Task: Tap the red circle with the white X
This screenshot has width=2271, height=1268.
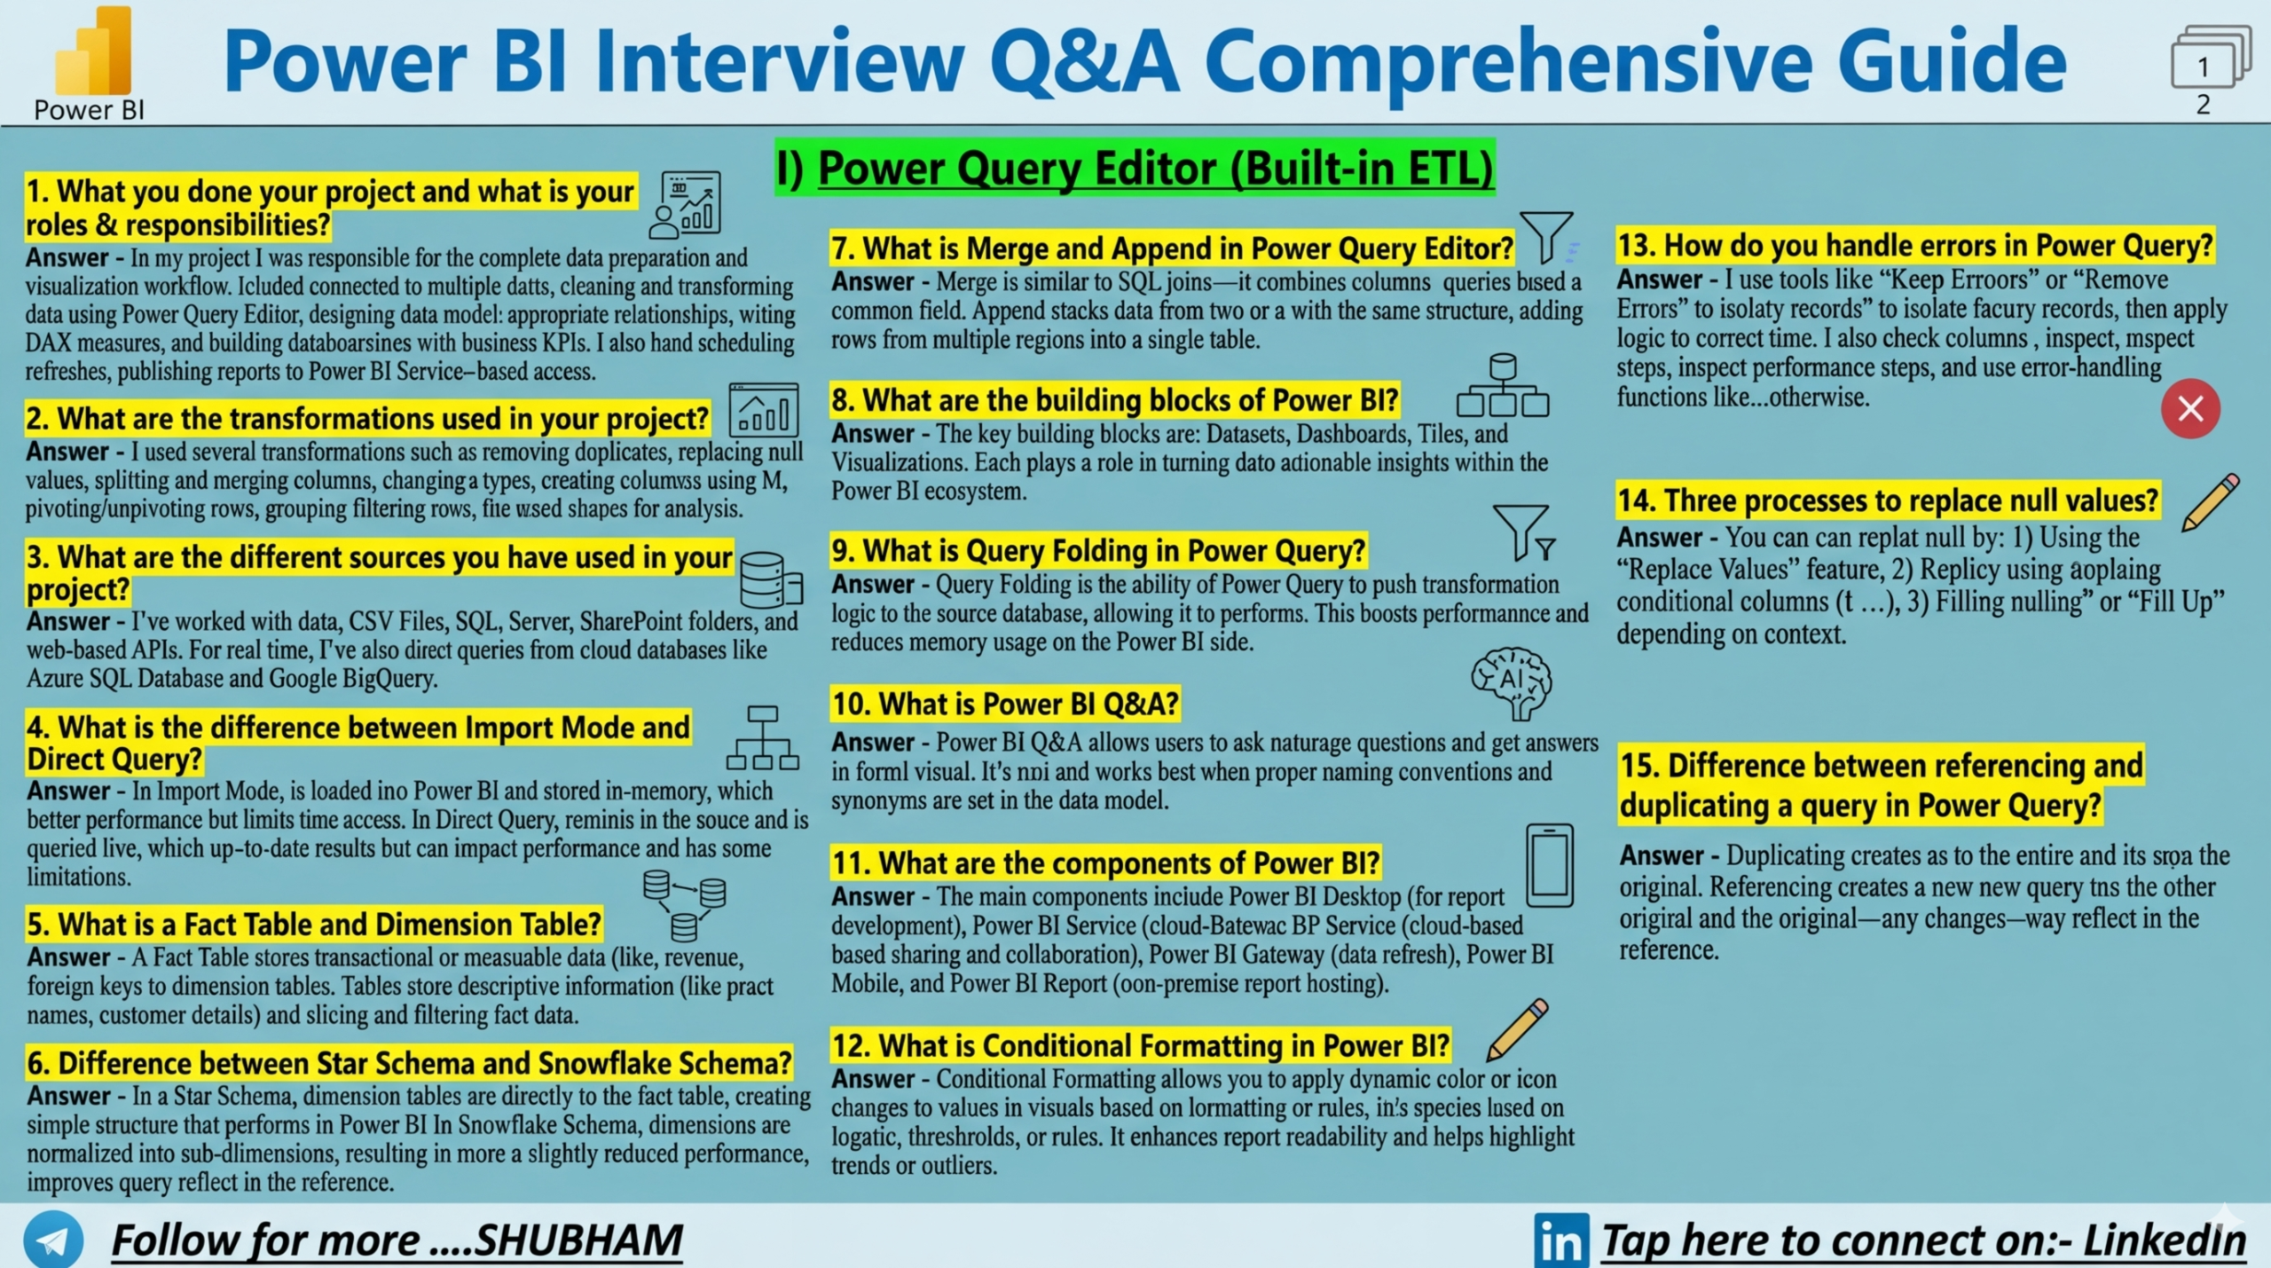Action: [2190, 409]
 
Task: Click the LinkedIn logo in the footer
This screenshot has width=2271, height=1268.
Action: [1560, 1240]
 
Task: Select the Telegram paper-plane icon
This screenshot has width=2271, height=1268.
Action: [53, 1240]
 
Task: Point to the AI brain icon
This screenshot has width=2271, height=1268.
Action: [1512, 681]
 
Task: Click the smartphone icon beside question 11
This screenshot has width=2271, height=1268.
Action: [1550, 865]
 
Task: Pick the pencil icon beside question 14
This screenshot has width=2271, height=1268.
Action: [2210, 502]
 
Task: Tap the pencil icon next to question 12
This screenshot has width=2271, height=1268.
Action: [1518, 1029]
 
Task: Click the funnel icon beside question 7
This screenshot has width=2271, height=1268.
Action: [1547, 236]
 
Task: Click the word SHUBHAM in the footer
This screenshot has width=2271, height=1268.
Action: [578, 1240]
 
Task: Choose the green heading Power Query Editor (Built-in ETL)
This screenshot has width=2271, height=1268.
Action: [1135, 168]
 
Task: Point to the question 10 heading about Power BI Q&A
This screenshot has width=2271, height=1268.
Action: [1005, 704]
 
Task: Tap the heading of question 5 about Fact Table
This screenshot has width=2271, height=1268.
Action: [314, 924]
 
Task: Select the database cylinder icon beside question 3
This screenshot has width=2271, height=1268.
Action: [770, 579]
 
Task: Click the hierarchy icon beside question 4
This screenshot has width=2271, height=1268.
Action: [763, 738]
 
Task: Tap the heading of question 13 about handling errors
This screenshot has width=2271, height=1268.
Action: [1915, 245]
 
